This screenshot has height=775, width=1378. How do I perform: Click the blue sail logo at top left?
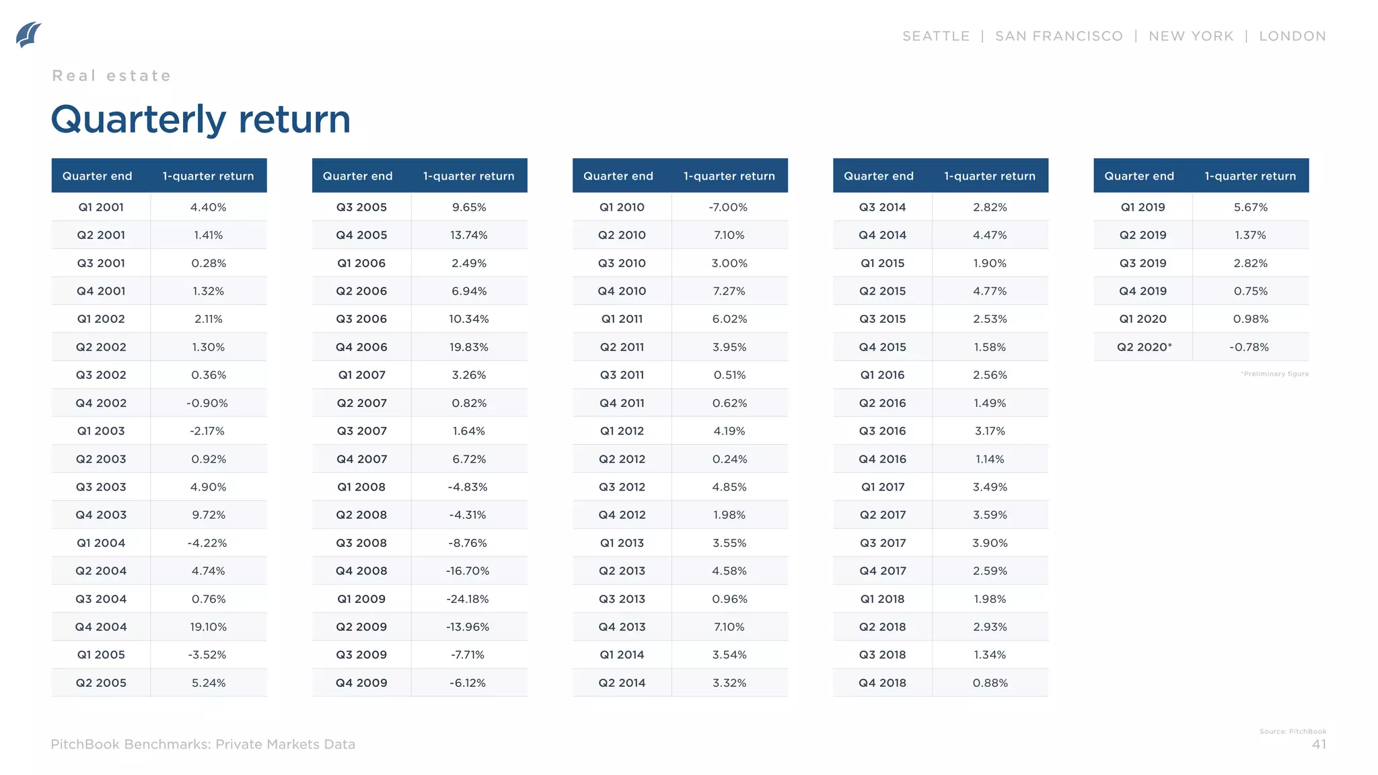(x=28, y=35)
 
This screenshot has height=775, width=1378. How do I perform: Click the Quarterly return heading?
(x=201, y=120)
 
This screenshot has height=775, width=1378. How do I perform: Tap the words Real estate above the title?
(x=112, y=76)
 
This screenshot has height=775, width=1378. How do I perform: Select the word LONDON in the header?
(x=1292, y=36)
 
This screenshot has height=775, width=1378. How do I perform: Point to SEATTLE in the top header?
(x=935, y=36)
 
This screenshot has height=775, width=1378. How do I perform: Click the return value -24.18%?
(x=468, y=599)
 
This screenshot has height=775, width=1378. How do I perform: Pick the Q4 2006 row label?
(x=361, y=347)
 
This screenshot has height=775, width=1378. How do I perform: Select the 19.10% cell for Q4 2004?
(x=208, y=627)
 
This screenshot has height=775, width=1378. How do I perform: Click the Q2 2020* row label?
(x=1144, y=347)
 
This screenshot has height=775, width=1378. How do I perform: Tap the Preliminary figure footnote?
(x=1274, y=374)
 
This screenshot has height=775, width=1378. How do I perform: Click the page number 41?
(x=1319, y=744)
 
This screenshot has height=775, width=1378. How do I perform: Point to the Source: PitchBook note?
(x=1293, y=731)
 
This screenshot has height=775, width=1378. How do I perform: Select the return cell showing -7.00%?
(x=728, y=207)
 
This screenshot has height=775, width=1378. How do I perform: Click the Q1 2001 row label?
(x=101, y=207)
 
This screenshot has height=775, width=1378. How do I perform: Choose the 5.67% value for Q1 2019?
(x=1250, y=207)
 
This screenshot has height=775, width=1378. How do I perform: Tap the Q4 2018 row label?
(x=882, y=683)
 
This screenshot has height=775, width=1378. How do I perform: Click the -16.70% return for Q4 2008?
(x=468, y=571)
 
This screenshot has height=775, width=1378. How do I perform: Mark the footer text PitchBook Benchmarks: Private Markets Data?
(x=203, y=744)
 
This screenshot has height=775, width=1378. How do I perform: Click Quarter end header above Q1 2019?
(x=1138, y=176)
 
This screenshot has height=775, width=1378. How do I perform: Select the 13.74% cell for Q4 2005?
(x=469, y=235)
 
